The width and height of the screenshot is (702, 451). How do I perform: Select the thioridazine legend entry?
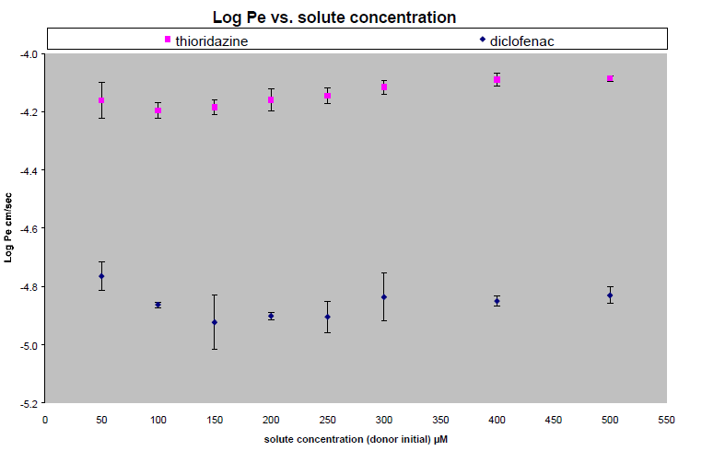205,40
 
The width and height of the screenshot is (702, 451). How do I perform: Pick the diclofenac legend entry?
516,40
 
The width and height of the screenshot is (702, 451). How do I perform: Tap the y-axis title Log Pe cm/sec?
9,228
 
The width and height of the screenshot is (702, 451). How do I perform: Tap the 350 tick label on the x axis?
440,419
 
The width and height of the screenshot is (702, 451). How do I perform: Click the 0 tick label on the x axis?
45,419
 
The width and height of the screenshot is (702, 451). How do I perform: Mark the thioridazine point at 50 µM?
101,100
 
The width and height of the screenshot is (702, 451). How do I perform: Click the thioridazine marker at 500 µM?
610,79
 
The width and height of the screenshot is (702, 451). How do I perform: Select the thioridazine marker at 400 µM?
497,80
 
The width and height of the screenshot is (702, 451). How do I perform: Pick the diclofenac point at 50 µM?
101,276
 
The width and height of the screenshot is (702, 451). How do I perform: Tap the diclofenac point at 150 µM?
215,322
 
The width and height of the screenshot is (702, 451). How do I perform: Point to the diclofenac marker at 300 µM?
384,297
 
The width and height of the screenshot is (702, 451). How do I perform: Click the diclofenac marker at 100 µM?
158,305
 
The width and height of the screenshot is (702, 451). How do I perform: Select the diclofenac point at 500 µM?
610,295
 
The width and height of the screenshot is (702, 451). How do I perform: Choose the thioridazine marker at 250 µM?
328,96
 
